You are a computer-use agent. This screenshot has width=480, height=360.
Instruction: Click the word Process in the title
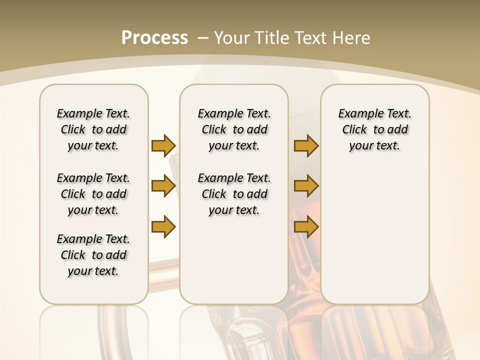tap(154, 37)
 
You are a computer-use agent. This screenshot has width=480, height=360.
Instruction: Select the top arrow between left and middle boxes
tap(163, 145)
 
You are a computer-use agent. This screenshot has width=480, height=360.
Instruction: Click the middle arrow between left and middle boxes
tap(163, 186)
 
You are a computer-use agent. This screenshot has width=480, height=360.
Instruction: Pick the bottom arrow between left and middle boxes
tap(163, 226)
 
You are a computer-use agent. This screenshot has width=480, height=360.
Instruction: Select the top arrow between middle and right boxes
tap(306, 145)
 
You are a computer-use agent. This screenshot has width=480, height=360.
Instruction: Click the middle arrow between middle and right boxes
tap(306, 186)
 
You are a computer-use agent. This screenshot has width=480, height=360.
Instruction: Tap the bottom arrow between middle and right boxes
tap(306, 226)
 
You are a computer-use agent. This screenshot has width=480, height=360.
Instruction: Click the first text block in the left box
tap(93, 129)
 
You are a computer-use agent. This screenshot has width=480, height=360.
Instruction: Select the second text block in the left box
tap(93, 194)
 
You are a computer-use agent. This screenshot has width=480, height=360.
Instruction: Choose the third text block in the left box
tap(93, 255)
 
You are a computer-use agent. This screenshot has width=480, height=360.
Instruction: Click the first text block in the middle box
tap(234, 129)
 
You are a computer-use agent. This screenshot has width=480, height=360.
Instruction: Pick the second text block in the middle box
tap(234, 194)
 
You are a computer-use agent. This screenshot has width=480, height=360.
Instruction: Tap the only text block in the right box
tap(374, 129)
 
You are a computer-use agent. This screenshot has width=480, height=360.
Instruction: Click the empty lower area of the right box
tap(374, 235)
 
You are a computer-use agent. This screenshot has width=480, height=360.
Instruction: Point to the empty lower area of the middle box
tap(234, 260)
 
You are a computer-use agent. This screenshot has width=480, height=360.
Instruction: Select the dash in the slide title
tap(203, 37)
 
